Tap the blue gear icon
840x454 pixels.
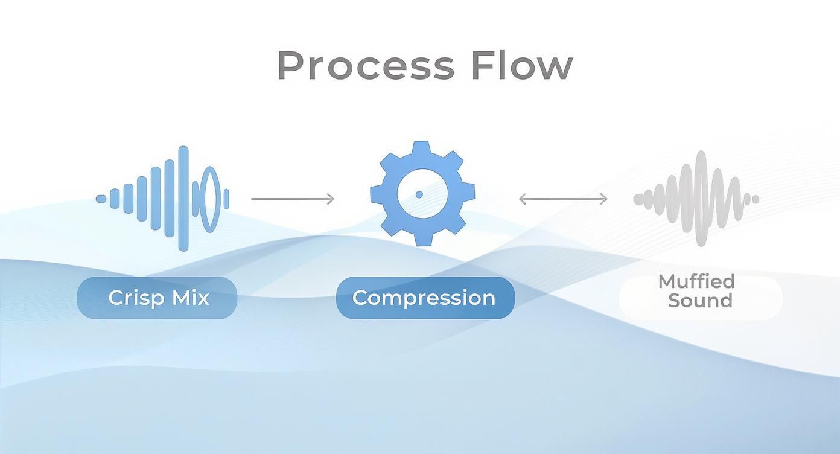(422, 194)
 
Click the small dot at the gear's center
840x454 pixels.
(419, 194)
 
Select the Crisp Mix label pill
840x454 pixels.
(157, 298)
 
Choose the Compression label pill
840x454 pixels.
(425, 298)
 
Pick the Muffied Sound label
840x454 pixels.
(701, 291)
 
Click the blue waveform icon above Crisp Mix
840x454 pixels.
(163, 198)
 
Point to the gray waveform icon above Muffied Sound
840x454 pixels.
(696, 198)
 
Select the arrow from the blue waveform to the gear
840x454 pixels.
(293, 199)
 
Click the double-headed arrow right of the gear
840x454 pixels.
(563, 199)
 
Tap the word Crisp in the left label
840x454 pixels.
(133, 298)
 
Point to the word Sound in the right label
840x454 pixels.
(700, 301)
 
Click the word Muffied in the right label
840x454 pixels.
(696, 281)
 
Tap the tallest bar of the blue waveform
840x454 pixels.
(183, 198)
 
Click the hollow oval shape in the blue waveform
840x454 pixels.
(209, 199)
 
